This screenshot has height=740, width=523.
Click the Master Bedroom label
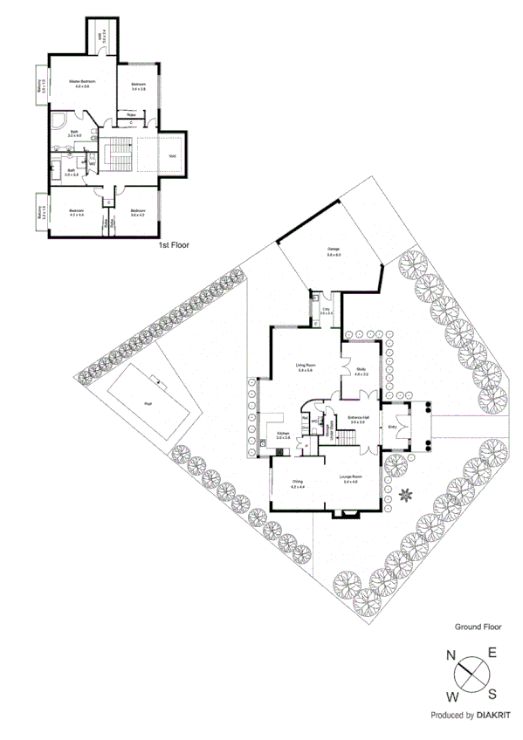pos(82,82)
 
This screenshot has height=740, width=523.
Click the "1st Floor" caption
pos(174,245)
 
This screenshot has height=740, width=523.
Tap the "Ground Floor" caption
pos(477,627)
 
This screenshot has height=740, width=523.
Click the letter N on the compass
pos(451,655)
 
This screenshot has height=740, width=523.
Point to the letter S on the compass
pos(491,694)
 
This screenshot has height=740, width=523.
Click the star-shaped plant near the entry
pos(406,496)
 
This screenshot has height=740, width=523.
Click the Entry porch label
pos(392,426)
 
